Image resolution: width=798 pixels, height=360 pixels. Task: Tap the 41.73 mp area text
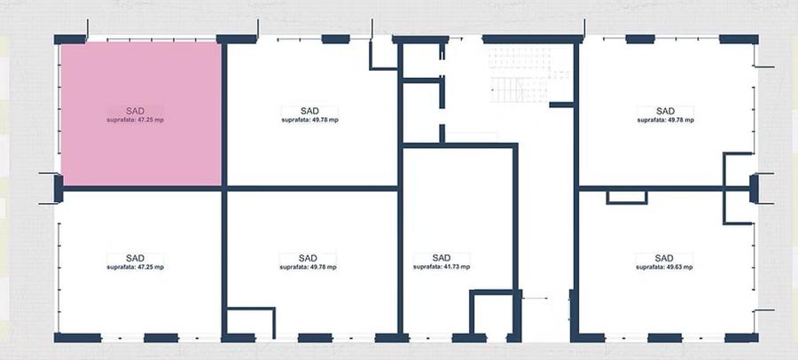click(x=442, y=266)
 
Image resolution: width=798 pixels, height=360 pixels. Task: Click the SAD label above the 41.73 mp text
click(x=442, y=257)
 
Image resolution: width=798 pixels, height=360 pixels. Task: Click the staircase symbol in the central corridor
click(x=509, y=89)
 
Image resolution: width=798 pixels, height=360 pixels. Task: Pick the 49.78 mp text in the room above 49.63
click(x=665, y=120)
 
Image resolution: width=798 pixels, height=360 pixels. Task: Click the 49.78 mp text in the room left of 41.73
click(x=302, y=266)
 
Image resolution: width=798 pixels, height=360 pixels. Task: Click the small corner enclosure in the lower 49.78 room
click(x=249, y=321)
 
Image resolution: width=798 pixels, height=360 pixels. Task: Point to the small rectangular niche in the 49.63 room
click(x=627, y=196)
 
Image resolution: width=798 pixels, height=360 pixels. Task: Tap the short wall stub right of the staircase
click(x=561, y=105)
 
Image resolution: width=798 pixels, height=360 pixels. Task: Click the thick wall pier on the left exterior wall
click(x=59, y=187)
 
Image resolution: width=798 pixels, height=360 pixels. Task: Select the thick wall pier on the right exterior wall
click(x=755, y=187)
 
